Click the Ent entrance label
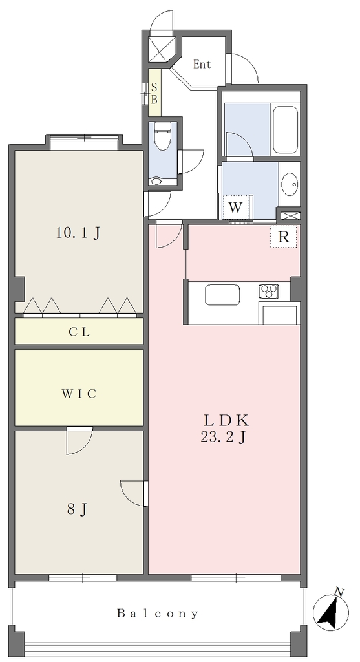point(202,65)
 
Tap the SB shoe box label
point(154,94)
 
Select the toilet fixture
point(162,136)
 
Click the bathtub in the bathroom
point(286,129)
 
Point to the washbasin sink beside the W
point(290,184)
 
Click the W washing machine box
point(235,208)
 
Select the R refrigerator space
point(284,237)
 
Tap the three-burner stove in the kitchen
point(269,290)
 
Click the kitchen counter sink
point(222,294)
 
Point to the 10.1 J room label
point(78,233)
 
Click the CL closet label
point(79,332)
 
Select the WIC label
point(79,394)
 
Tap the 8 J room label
point(77,510)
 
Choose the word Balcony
point(158,614)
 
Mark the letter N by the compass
point(338,592)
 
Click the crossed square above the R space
point(290,215)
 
